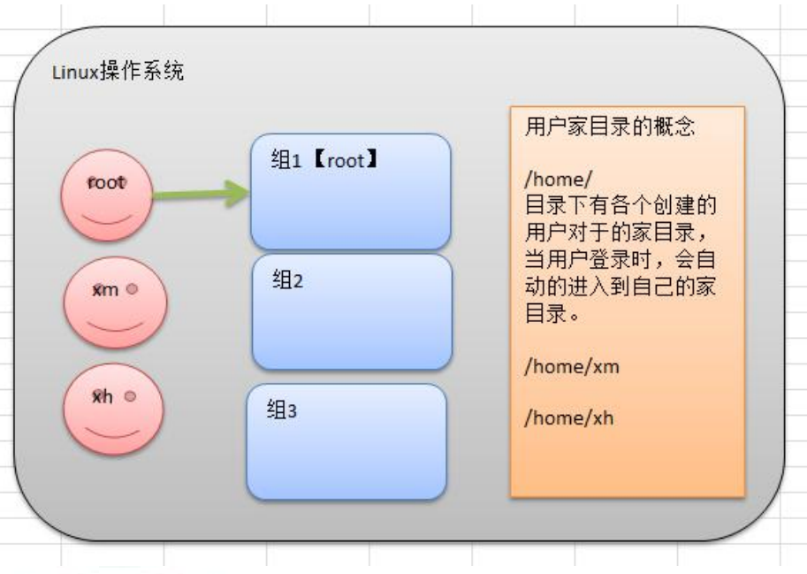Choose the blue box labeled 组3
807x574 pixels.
[346, 440]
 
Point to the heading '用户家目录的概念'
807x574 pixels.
[598, 126]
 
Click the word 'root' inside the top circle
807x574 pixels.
[106, 183]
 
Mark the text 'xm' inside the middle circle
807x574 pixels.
[104, 290]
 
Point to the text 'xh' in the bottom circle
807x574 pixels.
[104, 397]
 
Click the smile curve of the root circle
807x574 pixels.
[105, 216]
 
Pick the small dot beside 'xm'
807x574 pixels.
[131, 289]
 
